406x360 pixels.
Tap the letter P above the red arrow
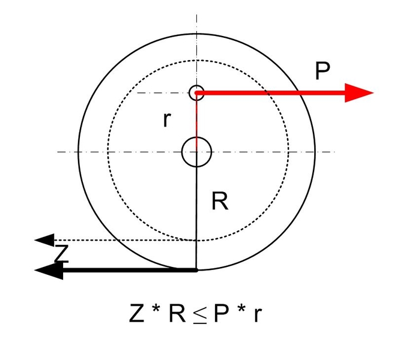click(x=323, y=71)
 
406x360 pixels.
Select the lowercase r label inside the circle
click(x=167, y=120)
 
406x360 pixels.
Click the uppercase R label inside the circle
click(x=220, y=202)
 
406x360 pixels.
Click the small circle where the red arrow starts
click(x=196, y=93)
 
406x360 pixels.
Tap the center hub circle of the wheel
click(x=196, y=152)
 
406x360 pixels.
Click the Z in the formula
click(x=137, y=313)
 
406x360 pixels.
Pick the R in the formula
click(x=177, y=313)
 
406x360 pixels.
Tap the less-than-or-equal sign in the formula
click(x=200, y=314)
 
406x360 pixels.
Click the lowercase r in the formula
click(x=257, y=315)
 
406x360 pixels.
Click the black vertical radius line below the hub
click(x=196, y=216)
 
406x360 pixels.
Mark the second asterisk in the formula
click(x=240, y=310)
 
